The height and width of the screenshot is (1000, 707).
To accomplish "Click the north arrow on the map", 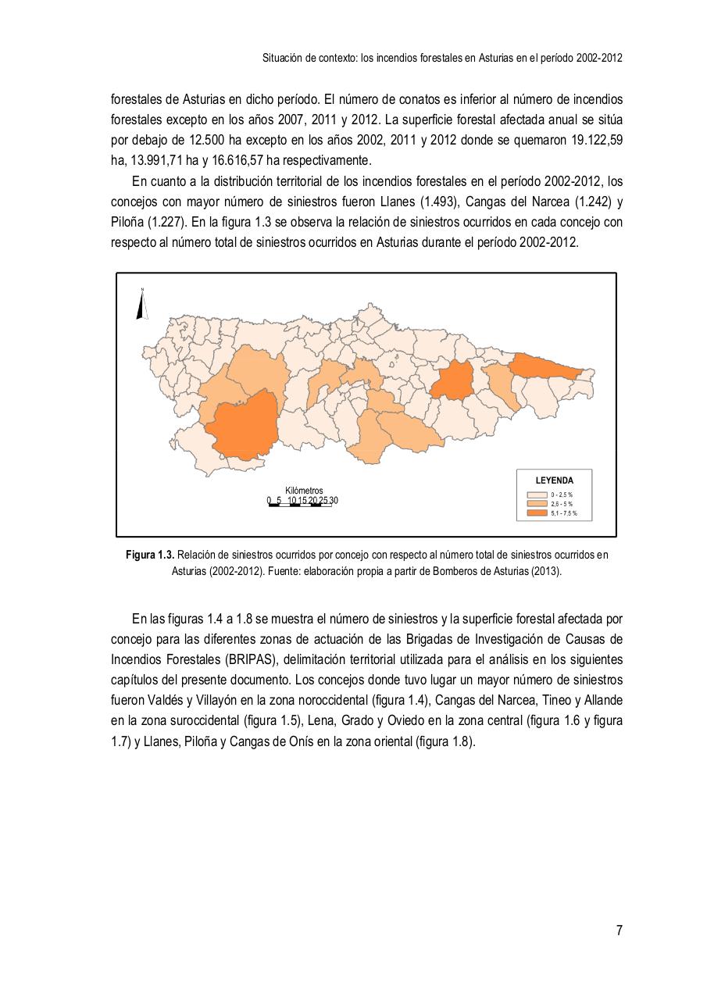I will click(x=143, y=305).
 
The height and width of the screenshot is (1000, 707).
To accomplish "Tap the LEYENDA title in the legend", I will click(x=554, y=480).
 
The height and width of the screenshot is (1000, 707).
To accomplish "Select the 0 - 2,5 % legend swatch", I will click(x=537, y=495).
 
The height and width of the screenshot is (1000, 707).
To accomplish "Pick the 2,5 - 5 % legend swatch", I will click(x=537, y=505).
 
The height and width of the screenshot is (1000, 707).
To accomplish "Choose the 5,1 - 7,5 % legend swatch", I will click(x=537, y=514).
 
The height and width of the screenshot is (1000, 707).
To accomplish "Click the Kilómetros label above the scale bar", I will click(x=304, y=491).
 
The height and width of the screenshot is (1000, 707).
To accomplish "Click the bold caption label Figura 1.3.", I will click(x=150, y=555).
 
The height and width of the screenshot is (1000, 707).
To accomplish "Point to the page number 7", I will click(x=619, y=930).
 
